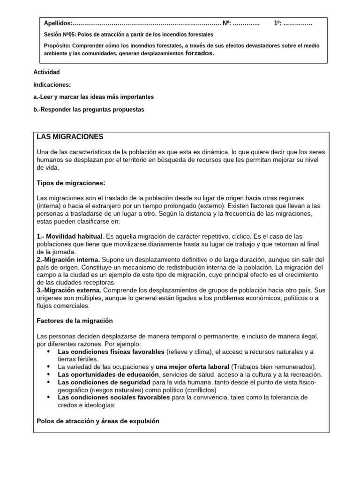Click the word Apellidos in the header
point(58,23)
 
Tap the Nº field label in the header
point(226,23)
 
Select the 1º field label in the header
point(277,23)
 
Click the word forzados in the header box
point(200,53)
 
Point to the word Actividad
point(47,72)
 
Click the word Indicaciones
point(52,85)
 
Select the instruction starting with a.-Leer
point(94,97)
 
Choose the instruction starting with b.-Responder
point(89,110)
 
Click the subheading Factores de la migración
point(75,321)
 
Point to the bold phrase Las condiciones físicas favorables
point(111,352)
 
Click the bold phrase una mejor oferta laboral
point(193,367)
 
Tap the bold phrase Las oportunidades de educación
point(108,375)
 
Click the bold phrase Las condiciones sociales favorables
point(114,397)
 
